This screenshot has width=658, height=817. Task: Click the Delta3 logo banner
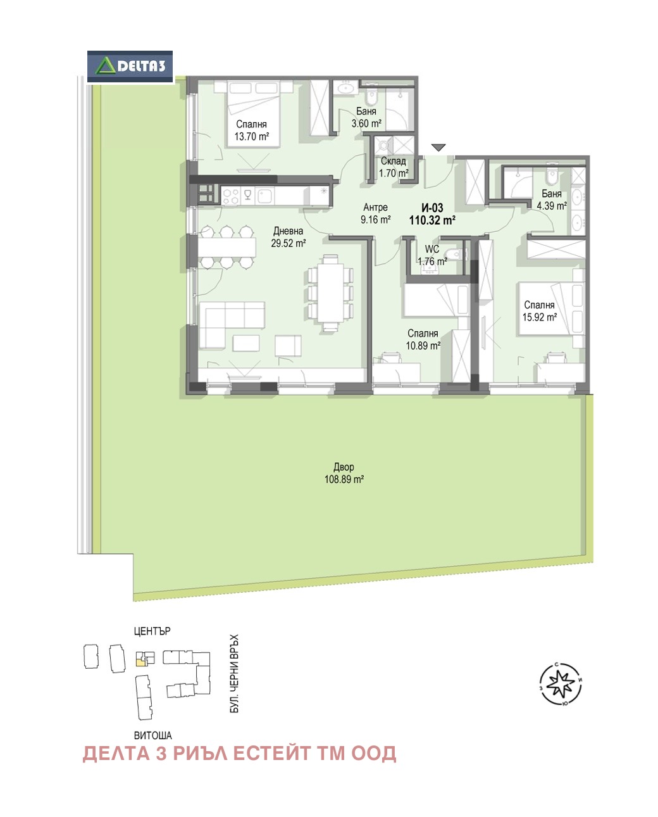pyautogui.click(x=130, y=66)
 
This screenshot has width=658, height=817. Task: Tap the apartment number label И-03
pyautogui.click(x=432, y=208)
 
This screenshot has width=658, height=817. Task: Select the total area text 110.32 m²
pyautogui.click(x=432, y=220)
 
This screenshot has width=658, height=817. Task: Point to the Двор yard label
pyautogui.click(x=344, y=467)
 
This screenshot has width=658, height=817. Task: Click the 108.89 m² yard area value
pyautogui.click(x=344, y=479)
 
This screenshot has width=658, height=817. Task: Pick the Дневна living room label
pyautogui.click(x=289, y=231)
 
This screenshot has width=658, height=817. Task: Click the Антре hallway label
pyautogui.click(x=375, y=207)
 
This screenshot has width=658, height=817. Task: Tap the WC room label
pyautogui.click(x=432, y=249)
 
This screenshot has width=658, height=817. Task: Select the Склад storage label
pyautogui.click(x=394, y=161)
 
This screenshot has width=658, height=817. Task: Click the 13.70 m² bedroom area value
pyautogui.click(x=251, y=136)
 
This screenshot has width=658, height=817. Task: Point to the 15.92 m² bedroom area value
pyautogui.click(x=539, y=317)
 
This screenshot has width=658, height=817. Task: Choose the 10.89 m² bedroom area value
pyautogui.click(x=423, y=345)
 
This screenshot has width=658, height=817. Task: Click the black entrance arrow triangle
pyautogui.click(x=438, y=148)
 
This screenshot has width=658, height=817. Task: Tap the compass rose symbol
pyautogui.click(x=561, y=684)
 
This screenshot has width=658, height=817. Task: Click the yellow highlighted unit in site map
pyautogui.click(x=140, y=662)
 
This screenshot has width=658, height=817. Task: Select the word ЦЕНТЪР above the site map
pyautogui.click(x=152, y=631)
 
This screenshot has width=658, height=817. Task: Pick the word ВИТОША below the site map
pyautogui.click(x=153, y=735)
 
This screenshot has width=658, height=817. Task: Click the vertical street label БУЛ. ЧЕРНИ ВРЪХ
pyautogui.click(x=235, y=673)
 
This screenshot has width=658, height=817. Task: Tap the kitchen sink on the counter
pyautogui.click(x=265, y=196)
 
